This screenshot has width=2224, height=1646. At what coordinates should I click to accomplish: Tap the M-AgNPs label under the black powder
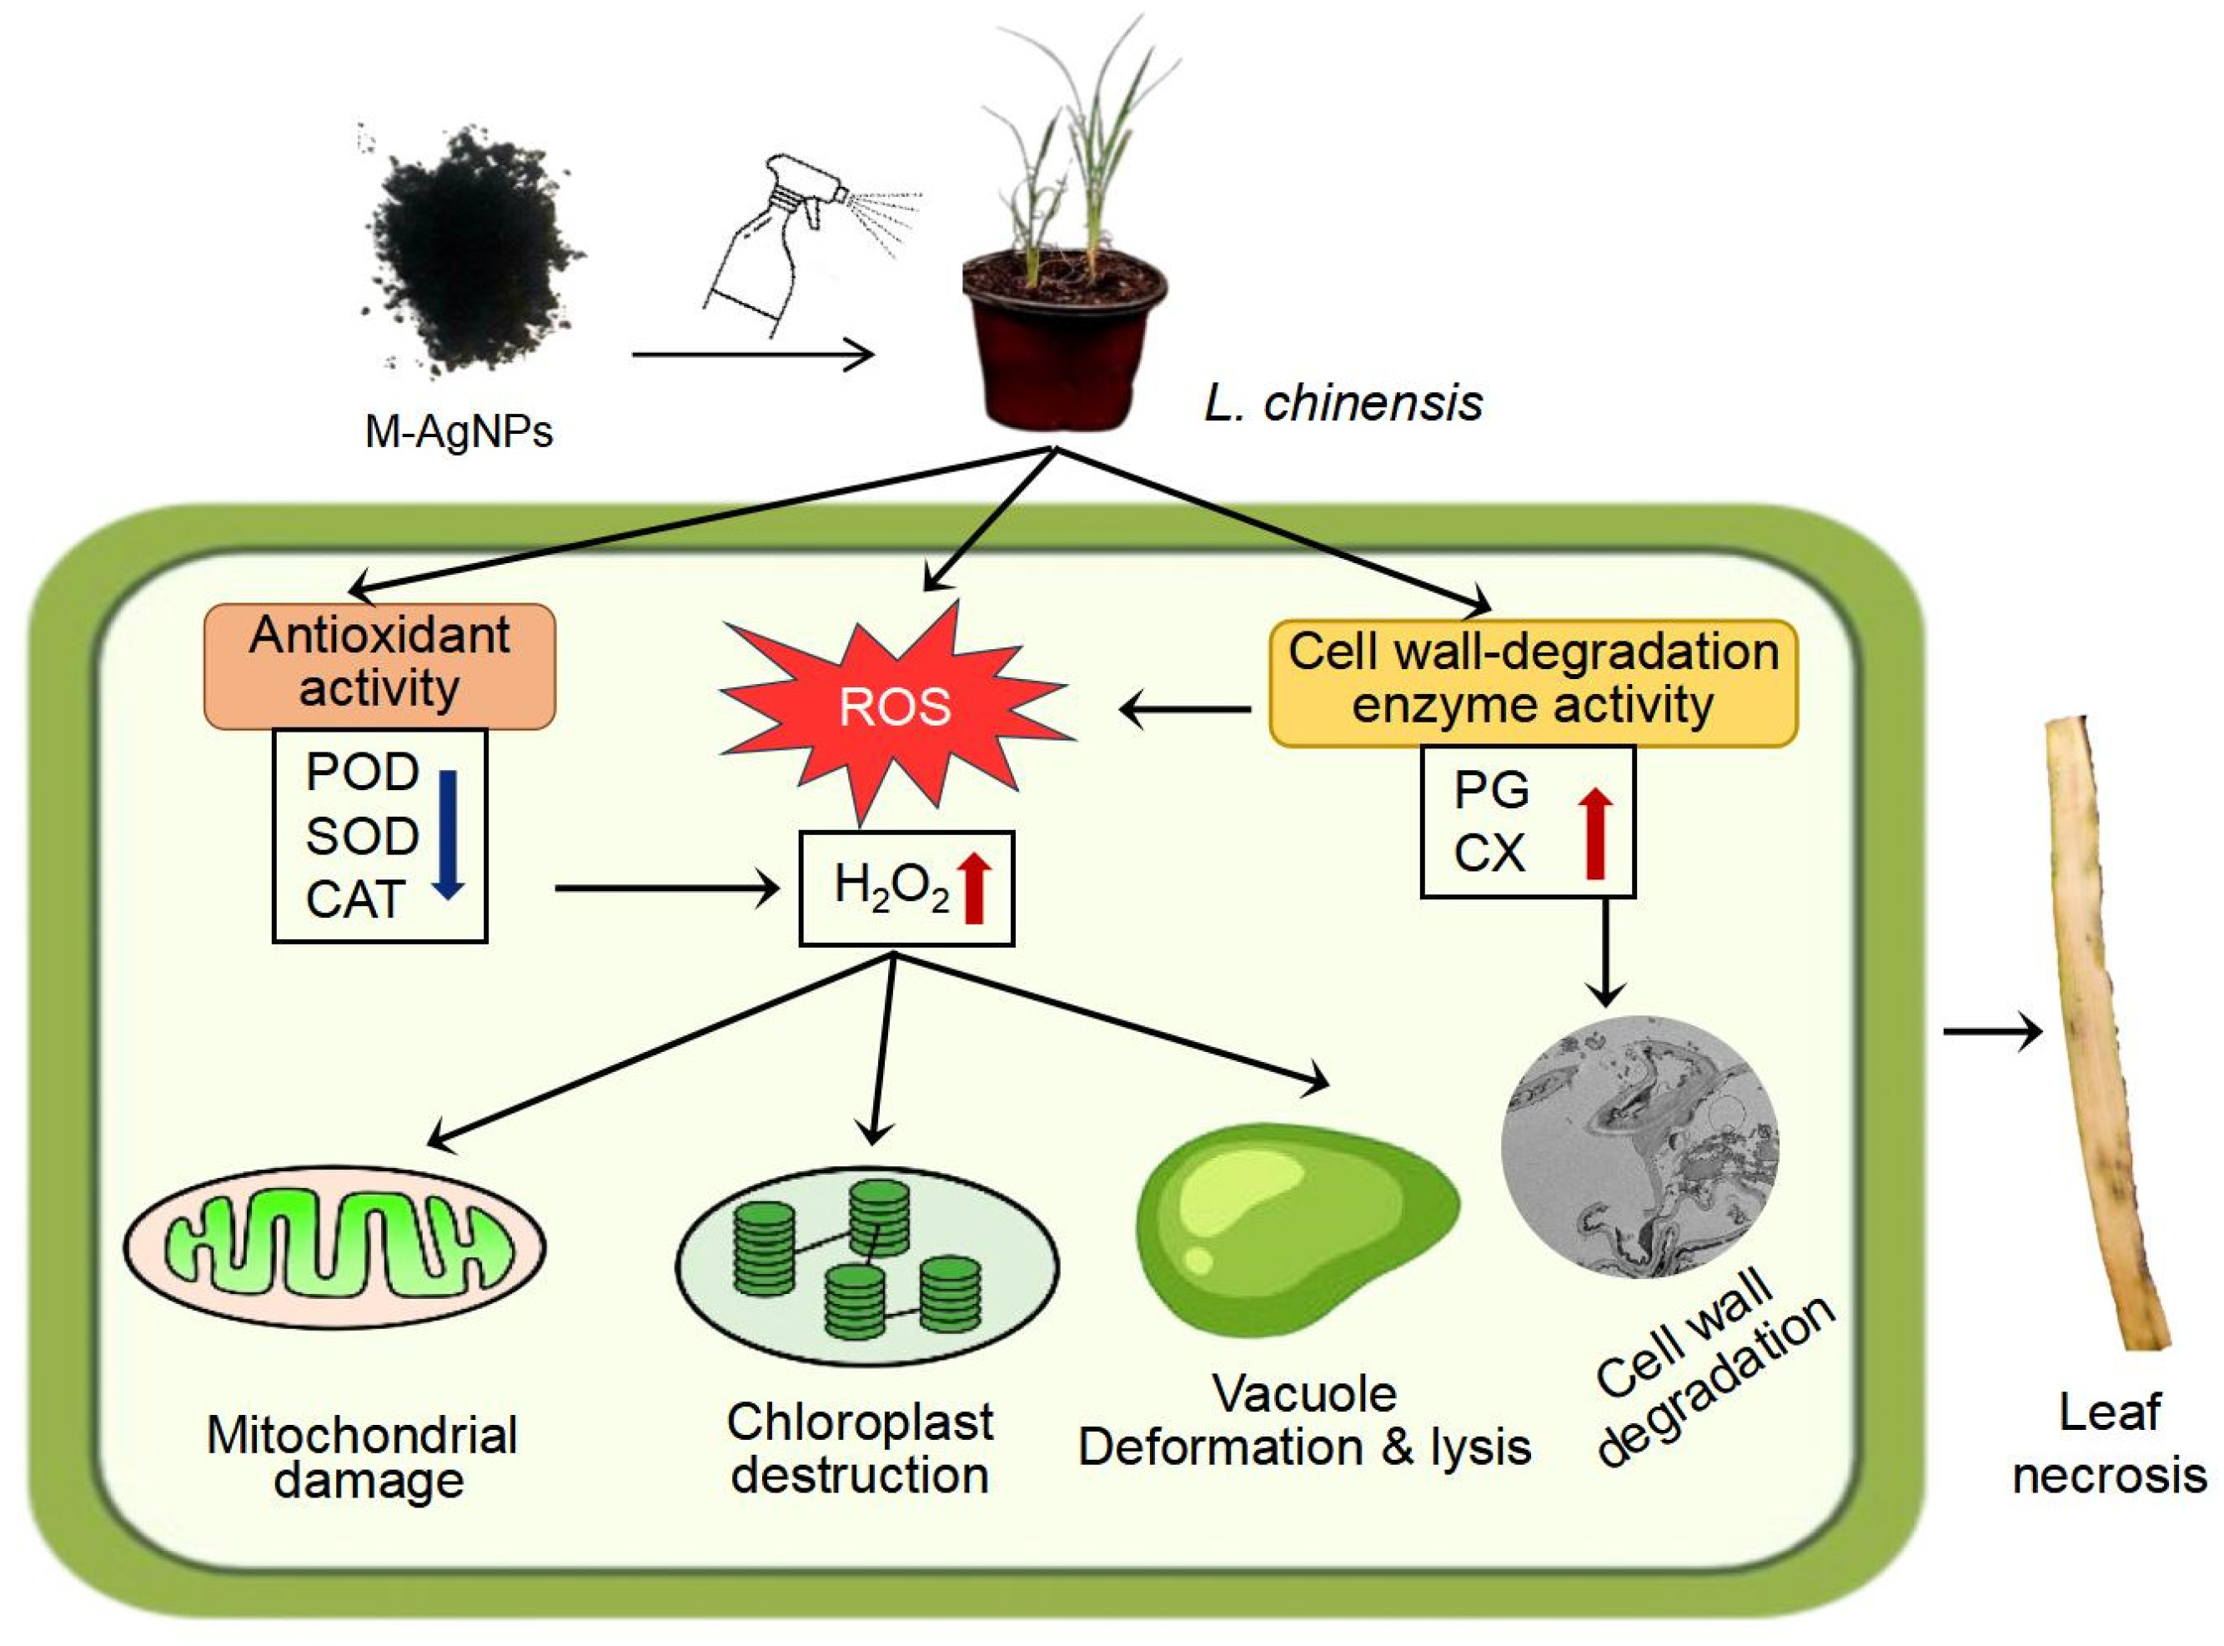coord(458,431)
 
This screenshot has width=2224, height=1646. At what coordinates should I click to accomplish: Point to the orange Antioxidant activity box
coord(379,665)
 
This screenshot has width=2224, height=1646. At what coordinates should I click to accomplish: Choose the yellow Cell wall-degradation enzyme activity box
coord(1532,682)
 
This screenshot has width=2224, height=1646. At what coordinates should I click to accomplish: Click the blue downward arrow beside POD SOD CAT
coord(447,833)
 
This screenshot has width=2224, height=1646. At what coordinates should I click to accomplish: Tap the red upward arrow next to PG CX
coord(1594,833)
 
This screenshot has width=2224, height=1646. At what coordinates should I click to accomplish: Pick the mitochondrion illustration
coord(334,1246)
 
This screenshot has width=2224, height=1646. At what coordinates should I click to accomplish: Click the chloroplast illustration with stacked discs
coord(866,1266)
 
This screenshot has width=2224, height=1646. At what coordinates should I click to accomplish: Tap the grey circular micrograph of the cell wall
coord(1639,1145)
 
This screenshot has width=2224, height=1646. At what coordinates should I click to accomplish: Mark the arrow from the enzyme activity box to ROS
coord(1185,709)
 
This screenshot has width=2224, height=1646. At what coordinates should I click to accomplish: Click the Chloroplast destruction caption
coord(860,1447)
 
